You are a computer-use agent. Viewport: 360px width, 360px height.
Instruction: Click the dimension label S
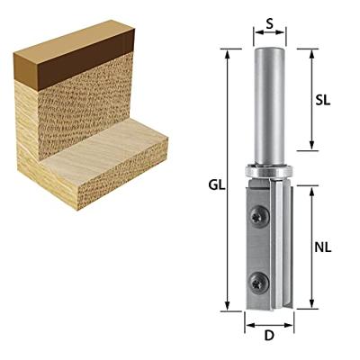(x=270, y=23)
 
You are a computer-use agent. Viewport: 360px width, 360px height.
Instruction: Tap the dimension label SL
(x=323, y=100)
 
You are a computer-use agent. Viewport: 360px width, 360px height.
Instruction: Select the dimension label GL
(x=217, y=185)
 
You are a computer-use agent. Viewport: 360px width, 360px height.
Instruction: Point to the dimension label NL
(x=323, y=247)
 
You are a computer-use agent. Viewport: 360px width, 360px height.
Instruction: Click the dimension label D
(x=269, y=336)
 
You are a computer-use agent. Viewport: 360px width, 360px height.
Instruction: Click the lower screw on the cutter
(x=258, y=282)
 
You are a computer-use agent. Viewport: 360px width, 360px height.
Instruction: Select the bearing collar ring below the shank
(x=269, y=172)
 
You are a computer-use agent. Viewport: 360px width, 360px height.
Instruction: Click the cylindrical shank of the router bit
(x=269, y=106)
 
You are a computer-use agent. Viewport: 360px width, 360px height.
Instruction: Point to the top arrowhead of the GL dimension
(x=228, y=53)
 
